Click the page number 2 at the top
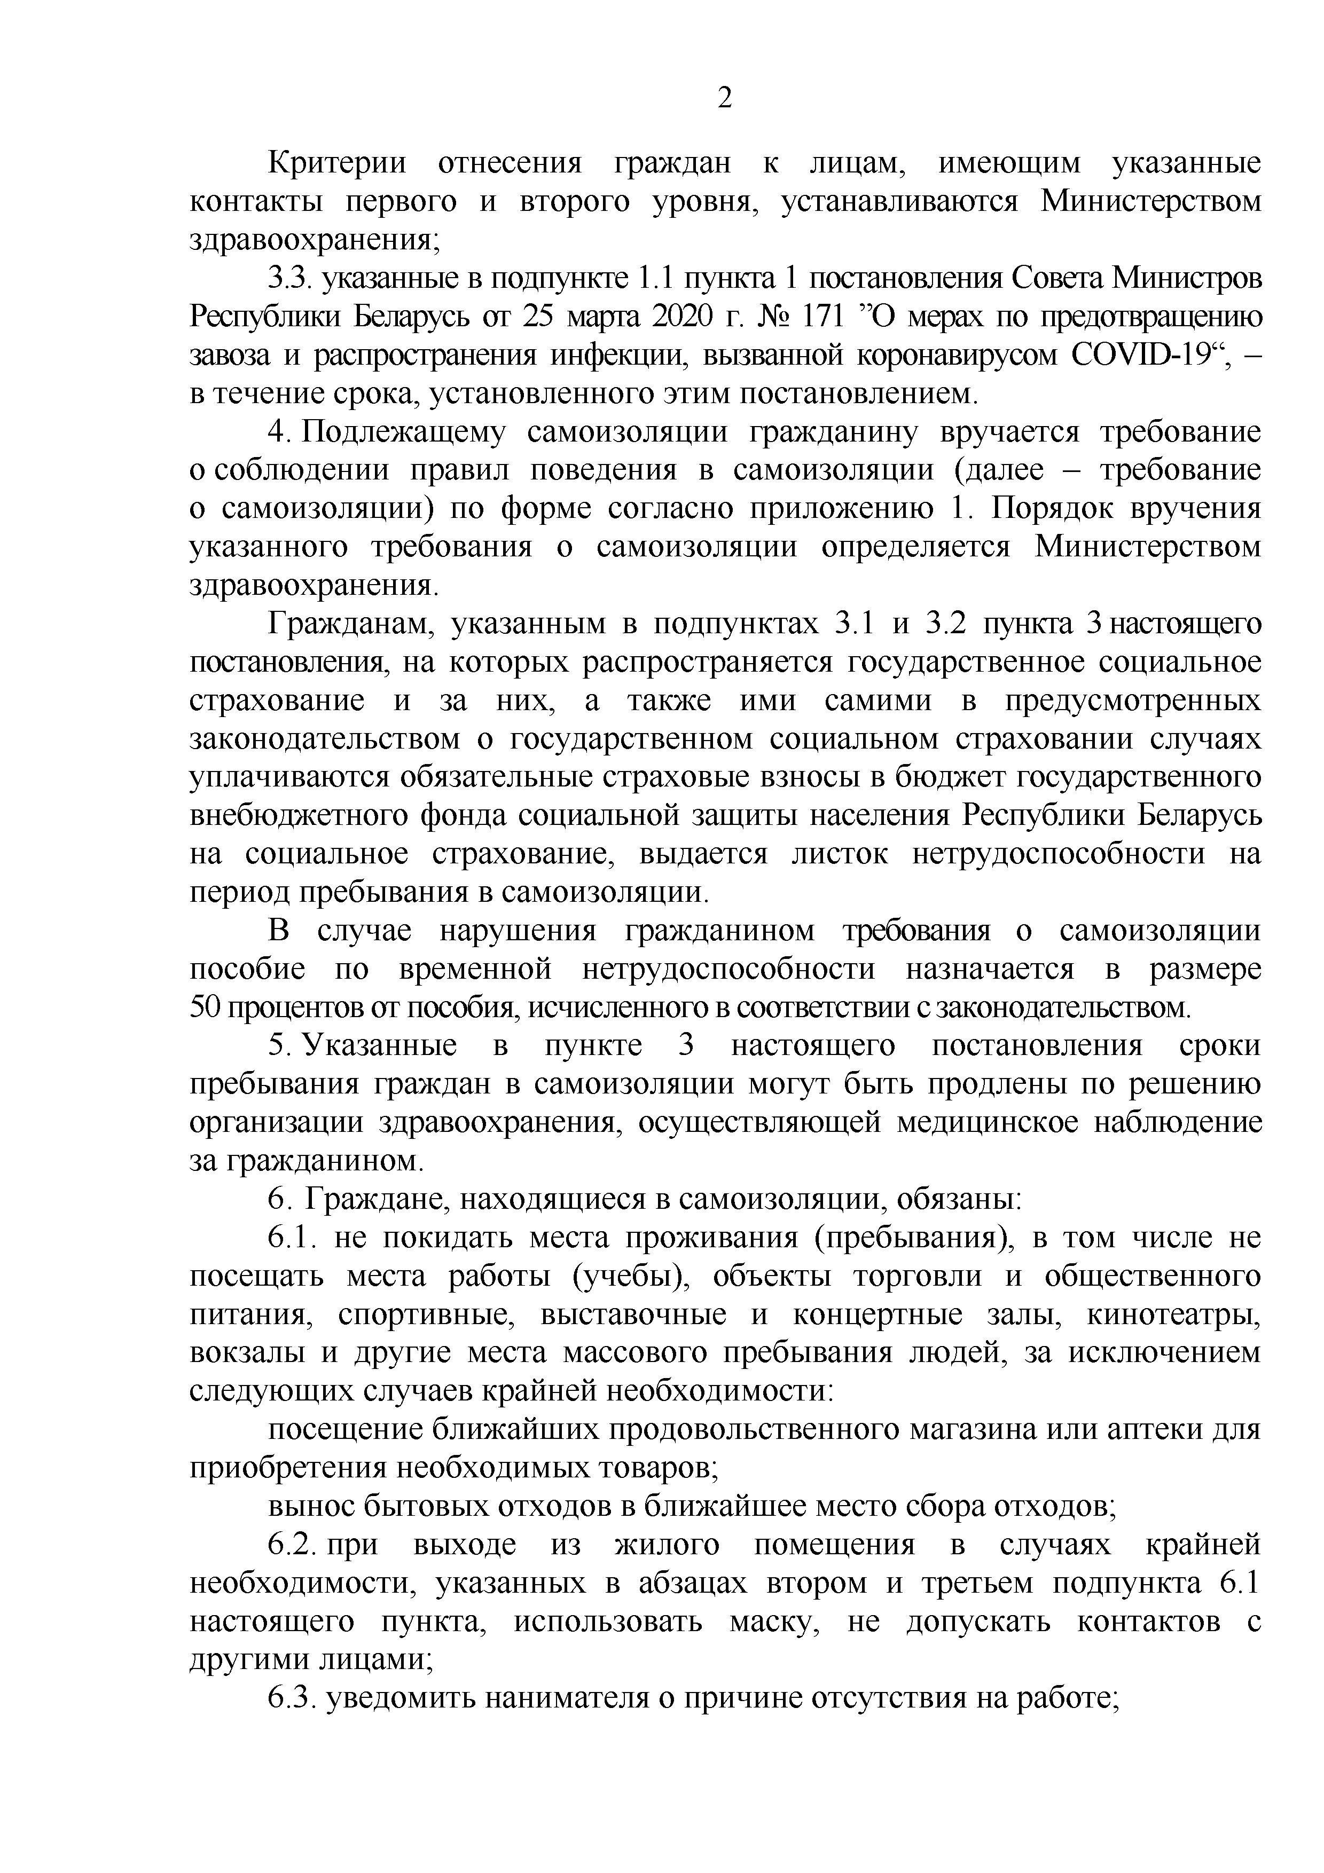click(x=724, y=99)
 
